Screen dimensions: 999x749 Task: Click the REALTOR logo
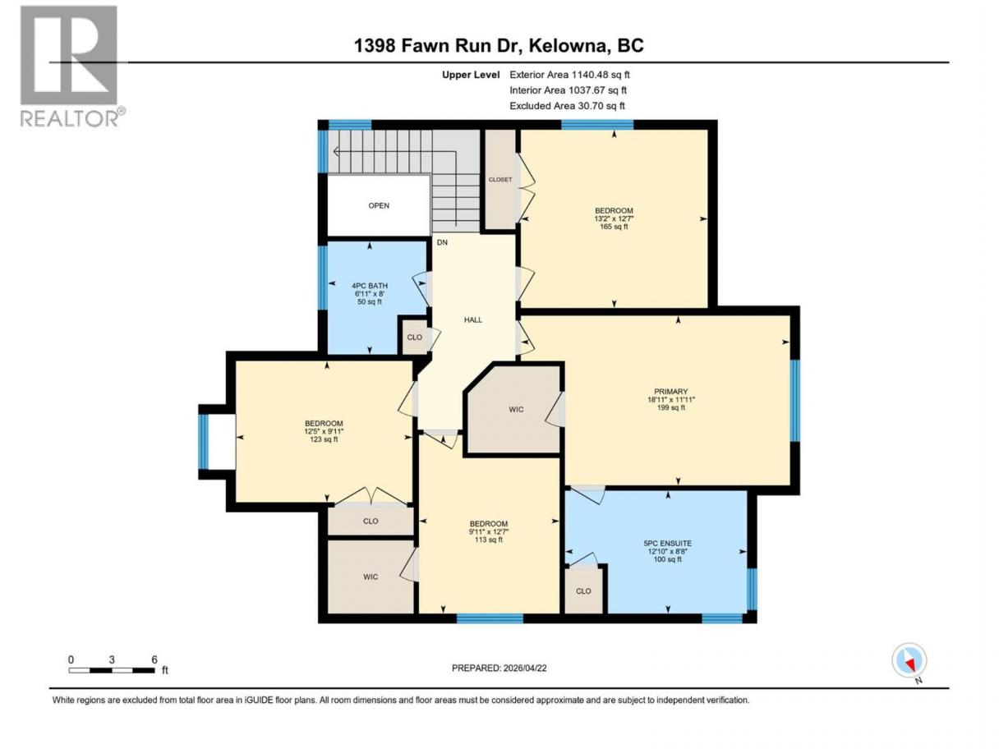(x=73, y=67)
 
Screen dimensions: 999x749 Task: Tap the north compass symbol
(x=909, y=661)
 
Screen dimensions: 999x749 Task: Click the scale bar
(x=112, y=670)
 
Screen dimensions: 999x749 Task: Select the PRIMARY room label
(x=670, y=391)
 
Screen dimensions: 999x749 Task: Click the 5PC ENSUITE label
(x=668, y=543)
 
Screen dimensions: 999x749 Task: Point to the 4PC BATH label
(x=370, y=286)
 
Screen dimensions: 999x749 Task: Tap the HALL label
(x=473, y=319)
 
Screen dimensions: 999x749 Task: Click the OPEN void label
(x=379, y=205)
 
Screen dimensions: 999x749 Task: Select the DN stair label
(x=442, y=242)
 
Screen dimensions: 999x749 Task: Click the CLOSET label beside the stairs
(x=500, y=180)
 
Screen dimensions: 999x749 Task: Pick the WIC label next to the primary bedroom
(x=516, y=409)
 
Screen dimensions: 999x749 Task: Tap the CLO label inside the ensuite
(x=583, y=590)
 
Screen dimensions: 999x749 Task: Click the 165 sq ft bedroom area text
(x=614, y=227)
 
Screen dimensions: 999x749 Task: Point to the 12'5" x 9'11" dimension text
(x=324, y=431)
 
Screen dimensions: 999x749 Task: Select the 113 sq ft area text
(x=488, y=540)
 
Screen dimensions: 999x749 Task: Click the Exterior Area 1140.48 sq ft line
(x=569, y=75)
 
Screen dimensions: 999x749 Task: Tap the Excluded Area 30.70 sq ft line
(x=567, y=106)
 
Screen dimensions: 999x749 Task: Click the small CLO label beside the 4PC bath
(x=415, y=337)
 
